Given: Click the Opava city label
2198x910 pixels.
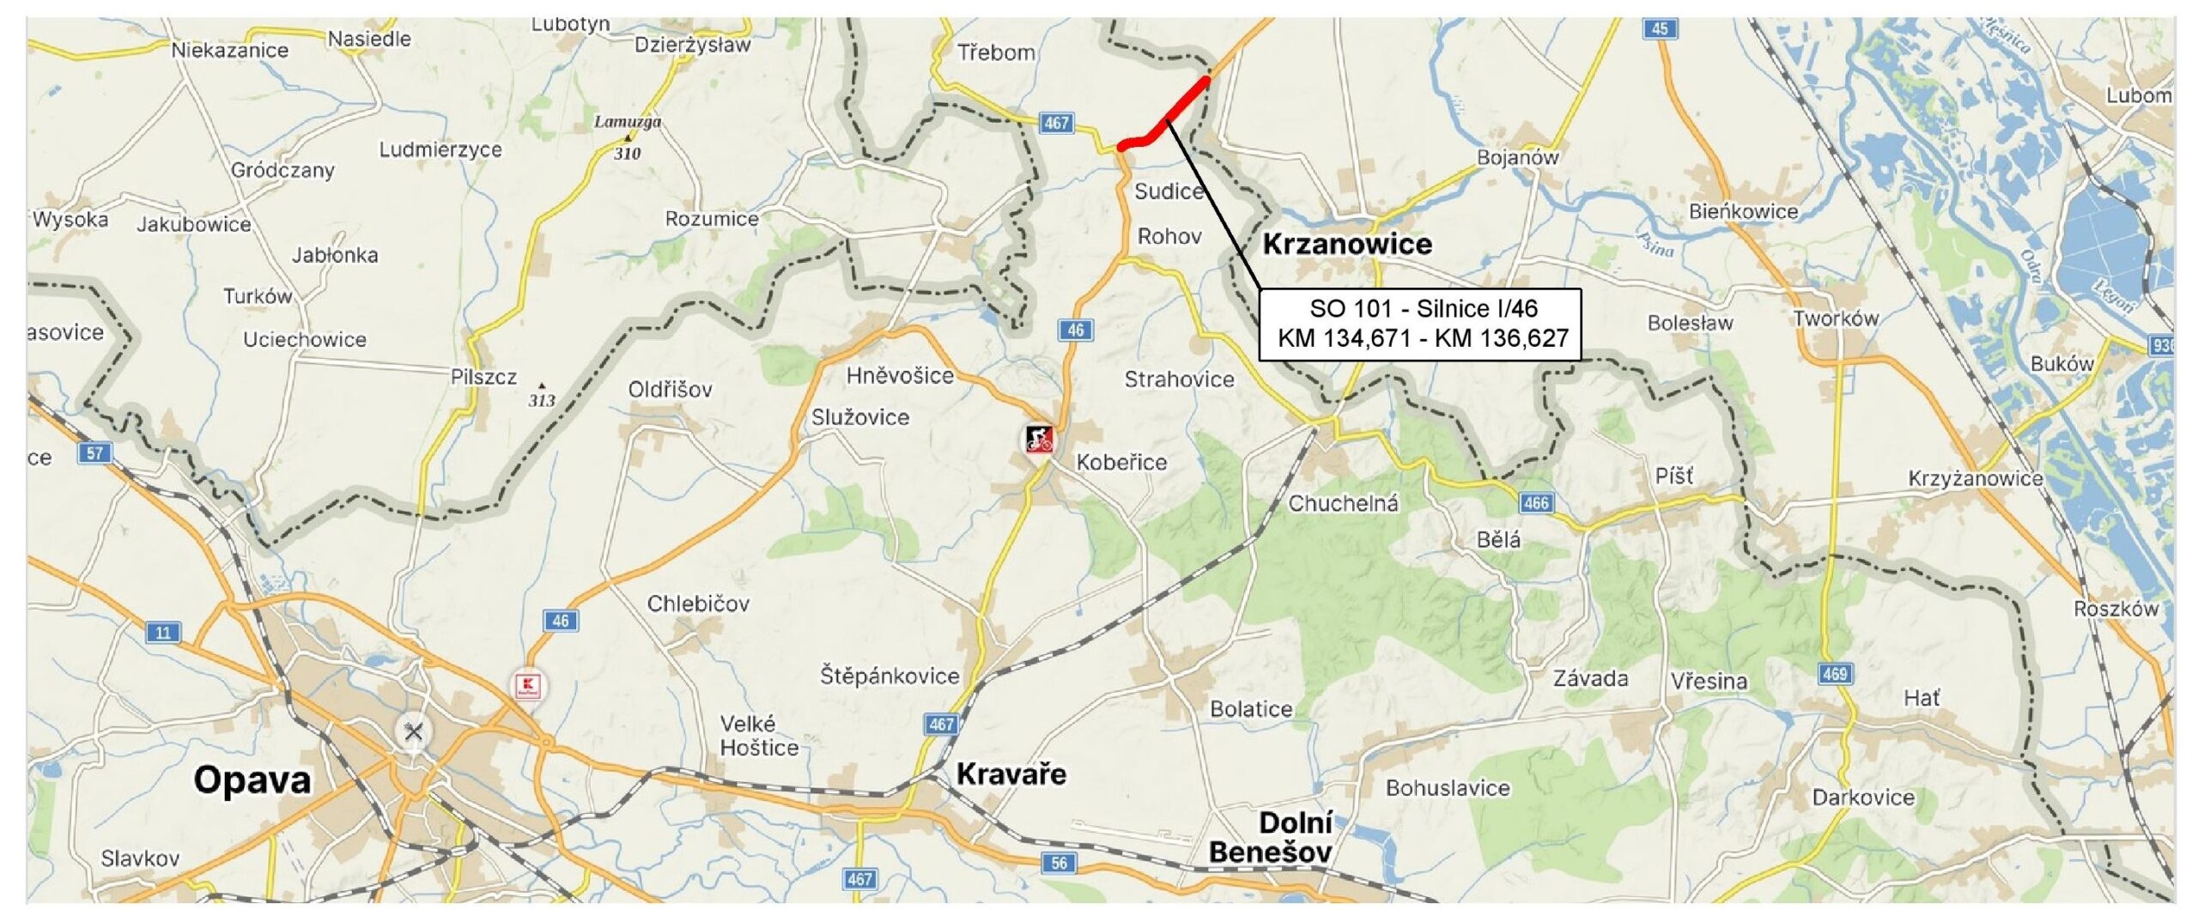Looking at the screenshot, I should (252, 780).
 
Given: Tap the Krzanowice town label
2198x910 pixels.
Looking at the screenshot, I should (1346, 245).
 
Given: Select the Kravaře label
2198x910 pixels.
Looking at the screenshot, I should (1011, 774).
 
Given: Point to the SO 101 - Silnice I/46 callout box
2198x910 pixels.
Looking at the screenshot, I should (1419, 324).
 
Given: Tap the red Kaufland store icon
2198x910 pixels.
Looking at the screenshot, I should (528, 686).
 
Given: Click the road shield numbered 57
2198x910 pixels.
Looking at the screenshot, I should (94, 452).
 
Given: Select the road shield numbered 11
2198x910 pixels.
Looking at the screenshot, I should (163, 633).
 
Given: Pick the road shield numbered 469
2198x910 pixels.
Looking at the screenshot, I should (1834, 674).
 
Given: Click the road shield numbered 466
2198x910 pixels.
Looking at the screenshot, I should (1536, 503).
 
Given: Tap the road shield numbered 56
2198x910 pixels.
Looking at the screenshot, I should (1060, 863).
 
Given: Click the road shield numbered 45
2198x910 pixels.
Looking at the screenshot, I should (1660, 28).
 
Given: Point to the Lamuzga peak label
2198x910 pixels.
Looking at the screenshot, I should (628, 122).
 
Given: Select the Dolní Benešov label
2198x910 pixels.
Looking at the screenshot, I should (1271, 837).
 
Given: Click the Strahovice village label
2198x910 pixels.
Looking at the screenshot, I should (1179, 379).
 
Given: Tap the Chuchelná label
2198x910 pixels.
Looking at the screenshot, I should (1343, 503).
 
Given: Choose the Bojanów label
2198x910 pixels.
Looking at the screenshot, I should (1517, 158).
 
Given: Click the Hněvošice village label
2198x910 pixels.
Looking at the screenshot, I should (900, 376).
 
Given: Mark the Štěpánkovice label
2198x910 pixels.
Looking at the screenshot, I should (890, 676).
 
